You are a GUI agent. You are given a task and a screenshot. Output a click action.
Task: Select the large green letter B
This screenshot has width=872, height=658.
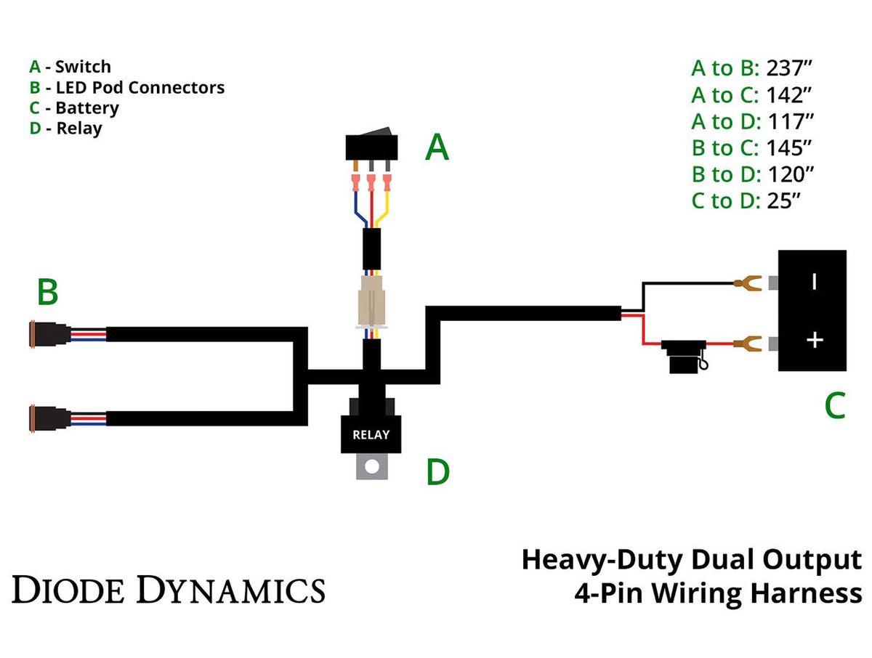48,293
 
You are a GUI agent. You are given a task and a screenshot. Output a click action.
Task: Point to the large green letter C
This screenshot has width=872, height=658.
835,406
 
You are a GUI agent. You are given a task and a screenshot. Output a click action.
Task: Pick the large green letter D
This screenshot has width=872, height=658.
438,471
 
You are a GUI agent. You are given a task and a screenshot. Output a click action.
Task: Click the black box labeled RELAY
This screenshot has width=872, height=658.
371,434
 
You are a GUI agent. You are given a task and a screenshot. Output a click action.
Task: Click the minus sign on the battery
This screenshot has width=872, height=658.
814,282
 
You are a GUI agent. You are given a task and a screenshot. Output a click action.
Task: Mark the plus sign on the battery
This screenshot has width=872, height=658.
815,339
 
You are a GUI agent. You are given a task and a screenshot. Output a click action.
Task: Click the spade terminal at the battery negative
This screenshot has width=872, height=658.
749,283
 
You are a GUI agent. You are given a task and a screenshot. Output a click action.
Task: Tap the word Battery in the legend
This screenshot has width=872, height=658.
86,108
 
